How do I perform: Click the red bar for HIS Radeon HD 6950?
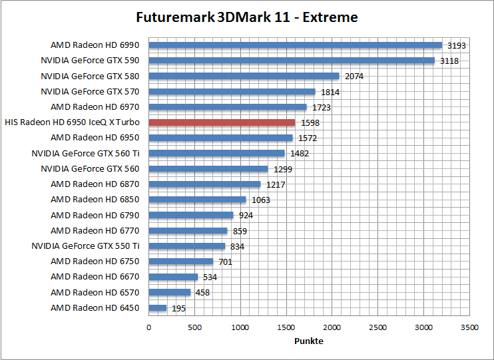tap(222, 122)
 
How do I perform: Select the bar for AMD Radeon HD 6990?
tap(295, 45)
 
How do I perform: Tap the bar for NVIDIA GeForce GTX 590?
tap(292, 61)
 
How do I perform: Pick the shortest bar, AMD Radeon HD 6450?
tap(157, 307)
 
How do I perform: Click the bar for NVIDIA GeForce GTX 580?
tap(244, 76)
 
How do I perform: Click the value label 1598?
tap(310, 122)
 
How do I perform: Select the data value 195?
tap(179, 308)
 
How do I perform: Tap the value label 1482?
tap(300, 153)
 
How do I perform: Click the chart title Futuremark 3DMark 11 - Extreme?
tap(246, 17)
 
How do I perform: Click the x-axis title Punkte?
tap(309, 341)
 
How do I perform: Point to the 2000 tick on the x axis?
tap(332, 327)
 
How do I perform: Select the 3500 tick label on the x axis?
tap(470, 327)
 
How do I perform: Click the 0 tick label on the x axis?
tap(148, 327)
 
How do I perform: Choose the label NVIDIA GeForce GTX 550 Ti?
tap(86, 246)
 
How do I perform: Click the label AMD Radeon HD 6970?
tap(96, 107)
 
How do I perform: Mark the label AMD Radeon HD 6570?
tap(96, 292)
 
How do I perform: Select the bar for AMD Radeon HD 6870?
tap(204, 184)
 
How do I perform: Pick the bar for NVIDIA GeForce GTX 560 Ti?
tap(216, 153)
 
